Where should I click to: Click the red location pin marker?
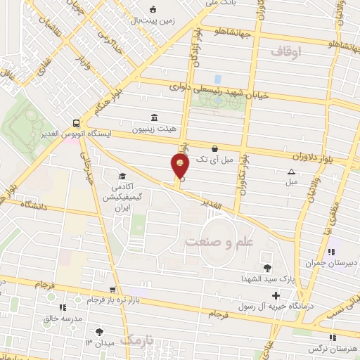(x=181, y=166)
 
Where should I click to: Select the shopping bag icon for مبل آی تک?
(x=214, y=148)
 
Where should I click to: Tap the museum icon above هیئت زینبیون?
(x=153, y=117)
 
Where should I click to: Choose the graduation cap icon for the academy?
(x=122, y=176)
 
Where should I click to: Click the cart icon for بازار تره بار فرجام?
(x=112, y=290)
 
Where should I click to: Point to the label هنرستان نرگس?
(x=333, y=349)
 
